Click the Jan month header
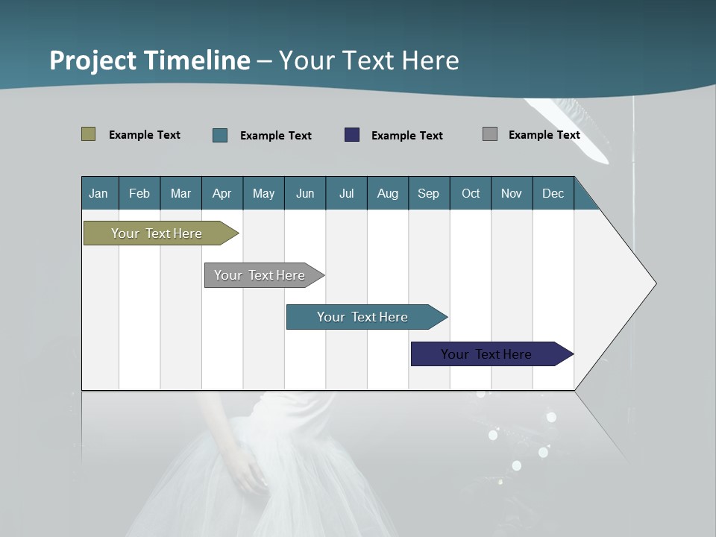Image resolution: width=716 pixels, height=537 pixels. (x=99, y=193)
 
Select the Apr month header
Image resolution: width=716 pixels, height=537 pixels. (x=222, y=193)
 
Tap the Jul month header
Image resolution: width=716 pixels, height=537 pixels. (x=346, y=193)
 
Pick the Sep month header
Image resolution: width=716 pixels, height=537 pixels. (x=428, y=193)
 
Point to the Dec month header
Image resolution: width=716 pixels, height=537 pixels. (x=553, y=193)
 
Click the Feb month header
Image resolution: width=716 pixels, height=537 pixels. (x=139, y=193)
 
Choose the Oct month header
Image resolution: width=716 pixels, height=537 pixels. (x=471, y=193)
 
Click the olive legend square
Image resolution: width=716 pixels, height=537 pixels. (x=88, y=134)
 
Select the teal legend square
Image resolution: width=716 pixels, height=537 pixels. (x=220, y=135)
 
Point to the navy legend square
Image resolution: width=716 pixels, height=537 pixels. (x=352, y=135)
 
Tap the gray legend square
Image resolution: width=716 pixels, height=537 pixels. (x=490, y=134)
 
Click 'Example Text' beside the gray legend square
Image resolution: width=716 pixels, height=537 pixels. (x=544, y=135)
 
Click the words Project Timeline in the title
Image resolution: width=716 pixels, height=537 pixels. (x=150, y=60)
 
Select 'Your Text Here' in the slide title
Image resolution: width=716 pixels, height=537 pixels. (x=368, y=60)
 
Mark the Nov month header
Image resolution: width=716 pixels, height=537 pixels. (x=512, y=193)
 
